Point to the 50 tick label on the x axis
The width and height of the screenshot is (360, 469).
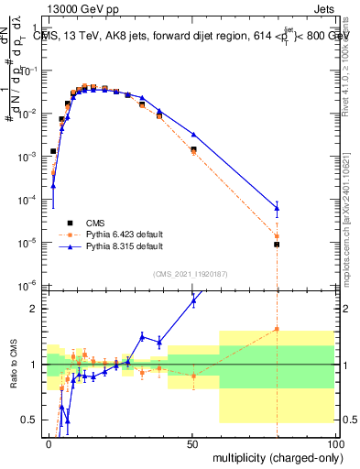(x=191, y=442)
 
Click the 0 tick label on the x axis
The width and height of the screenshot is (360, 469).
(x=49, y=442)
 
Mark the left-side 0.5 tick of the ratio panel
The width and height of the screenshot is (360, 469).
(x=33, y=420)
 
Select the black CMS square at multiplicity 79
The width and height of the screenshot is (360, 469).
(x=276, y=245)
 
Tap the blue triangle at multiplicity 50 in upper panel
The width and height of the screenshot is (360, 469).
(x=192, y=135)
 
